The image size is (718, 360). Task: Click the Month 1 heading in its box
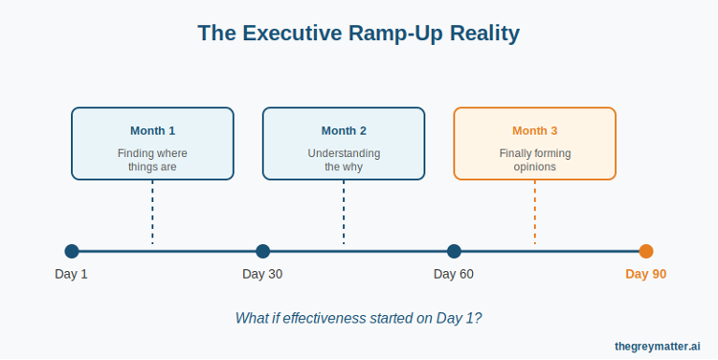(152, 130)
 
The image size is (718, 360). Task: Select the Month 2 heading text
(344, 130)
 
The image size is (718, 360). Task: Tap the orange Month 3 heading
(534, 130)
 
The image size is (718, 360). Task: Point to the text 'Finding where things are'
(152, 160)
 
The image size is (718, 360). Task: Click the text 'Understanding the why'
(344, 160)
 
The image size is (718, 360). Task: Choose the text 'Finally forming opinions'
(534, 160)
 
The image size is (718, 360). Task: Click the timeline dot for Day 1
(72, 252)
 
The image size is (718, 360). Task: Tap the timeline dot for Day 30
(263, 252)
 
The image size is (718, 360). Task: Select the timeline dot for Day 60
(454, 252)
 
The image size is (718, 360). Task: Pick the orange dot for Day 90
(646, 252)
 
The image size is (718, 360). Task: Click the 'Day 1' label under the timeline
(71, 275)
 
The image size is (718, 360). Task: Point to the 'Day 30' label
(262, 275)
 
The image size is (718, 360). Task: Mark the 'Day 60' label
(454, 275)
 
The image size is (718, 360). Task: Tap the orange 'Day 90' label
(645, 275)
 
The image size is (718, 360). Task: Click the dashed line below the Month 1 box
(152, 213)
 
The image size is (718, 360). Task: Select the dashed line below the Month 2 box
(344, 213)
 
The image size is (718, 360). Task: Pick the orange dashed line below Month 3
(534, 213)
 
